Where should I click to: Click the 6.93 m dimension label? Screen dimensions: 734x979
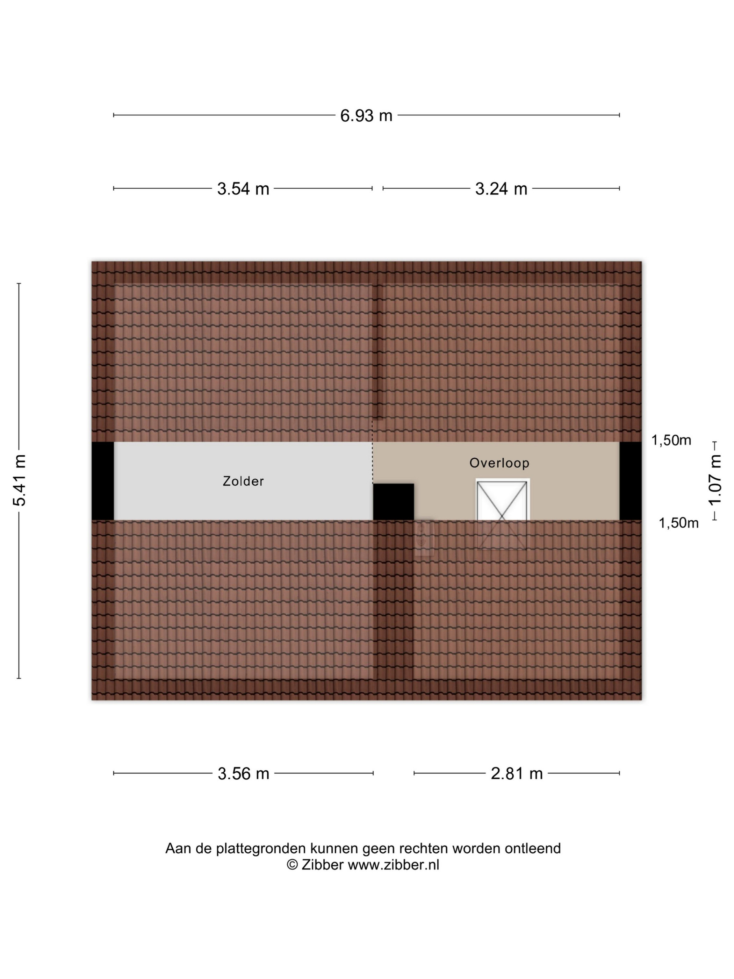point(366,115)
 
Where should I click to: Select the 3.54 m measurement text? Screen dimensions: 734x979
point(243,189)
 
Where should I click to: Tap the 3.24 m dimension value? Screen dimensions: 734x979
point(501,189)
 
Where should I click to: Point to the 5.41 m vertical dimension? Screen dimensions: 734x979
point(20,480)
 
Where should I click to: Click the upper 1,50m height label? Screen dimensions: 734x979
point(671,440)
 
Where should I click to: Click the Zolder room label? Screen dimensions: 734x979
point(243,481)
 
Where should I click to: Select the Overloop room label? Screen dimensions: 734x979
point(499,463)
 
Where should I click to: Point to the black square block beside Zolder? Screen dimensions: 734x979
point(393,501)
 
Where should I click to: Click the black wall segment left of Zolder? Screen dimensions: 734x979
point(103,481)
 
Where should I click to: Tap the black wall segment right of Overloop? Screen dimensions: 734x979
point(630,481)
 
